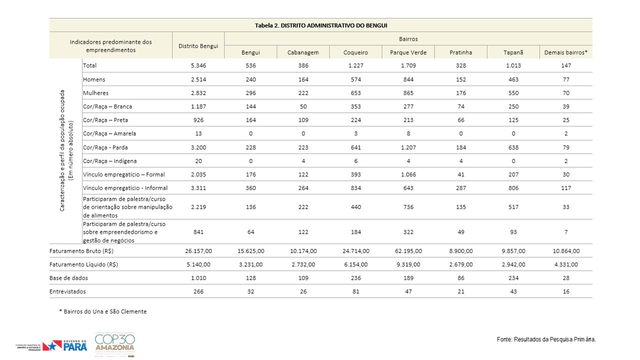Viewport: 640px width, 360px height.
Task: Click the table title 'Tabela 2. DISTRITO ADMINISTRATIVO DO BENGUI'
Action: pyautogui.click(x=321, y=25)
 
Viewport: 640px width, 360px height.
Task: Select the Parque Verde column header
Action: pyautogui.click(x=408, y=52)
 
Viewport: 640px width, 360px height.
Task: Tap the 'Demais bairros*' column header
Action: pyautogui.click(x=565, y=52)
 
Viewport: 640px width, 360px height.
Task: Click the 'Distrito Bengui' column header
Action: pyautogui.click(x=198, y=46)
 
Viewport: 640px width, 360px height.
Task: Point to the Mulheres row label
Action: pyautogui.click(x=95, y=93)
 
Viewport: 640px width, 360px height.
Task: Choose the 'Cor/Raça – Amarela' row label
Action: pyautogui.click(x=109, y=133)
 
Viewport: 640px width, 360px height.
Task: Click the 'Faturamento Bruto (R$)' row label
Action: pyautogui.click(x=81, y=251)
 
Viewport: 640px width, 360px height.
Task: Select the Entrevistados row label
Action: pyautogui.click(x=67, y=291)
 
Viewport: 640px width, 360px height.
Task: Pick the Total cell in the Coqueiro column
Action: pyautogui.click(x=355, y=65)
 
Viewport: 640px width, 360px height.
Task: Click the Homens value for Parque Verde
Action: pyautogui.click(x=408, y=79)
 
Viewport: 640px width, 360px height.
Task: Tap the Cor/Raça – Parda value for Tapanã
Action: pyautogui.click(x=513, y=147)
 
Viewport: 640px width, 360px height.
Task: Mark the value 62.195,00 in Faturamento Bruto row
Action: pyautogui.click(x=408, y=251)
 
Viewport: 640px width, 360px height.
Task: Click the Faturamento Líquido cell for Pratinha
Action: pyautogui.click(x=461, y=264)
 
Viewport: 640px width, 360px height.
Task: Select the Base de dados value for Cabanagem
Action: pyautogui.click(x=303, y=277)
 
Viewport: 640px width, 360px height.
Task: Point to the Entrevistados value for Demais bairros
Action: pyautogui.click(x=566, y=291)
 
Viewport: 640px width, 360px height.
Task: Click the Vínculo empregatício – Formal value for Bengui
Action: pyautogui.click(x=250, y=174)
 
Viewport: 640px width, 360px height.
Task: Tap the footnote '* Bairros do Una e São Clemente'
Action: pyautogui.click(x=103, y=311)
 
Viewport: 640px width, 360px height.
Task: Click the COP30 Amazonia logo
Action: pyautogui.click(x=115, y=344)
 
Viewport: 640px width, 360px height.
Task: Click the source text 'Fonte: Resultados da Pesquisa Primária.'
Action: pyautogui.click(x=546, y=339)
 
